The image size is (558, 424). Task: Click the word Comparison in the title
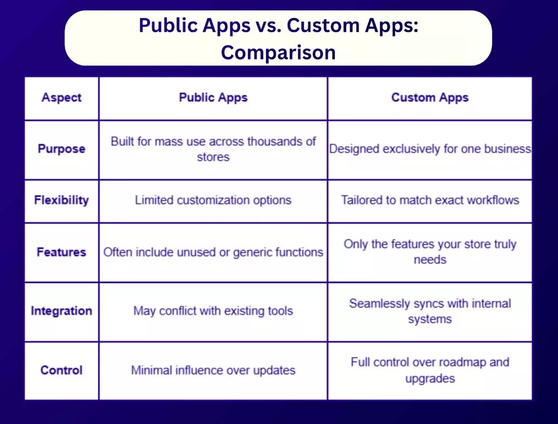click(278, 53)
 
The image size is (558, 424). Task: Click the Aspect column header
click(62, 98)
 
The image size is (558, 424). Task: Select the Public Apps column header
click(213, 98)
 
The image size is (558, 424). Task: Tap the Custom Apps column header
click(430, 98)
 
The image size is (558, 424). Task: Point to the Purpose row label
click(62, 149)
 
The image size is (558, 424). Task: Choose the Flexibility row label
click(62, 200)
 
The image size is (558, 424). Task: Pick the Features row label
click(62, 252)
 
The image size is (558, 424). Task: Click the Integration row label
click(62, 311)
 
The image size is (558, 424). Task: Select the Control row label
click(62, 370)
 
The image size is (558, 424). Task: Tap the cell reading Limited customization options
click(213, 200)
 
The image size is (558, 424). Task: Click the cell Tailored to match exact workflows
click(430, 200)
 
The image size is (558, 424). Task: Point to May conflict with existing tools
click(213, 311)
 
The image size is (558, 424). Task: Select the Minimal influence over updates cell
click(213, 370)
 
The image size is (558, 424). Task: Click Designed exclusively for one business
click(430, 149)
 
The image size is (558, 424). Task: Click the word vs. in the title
click(268, 25)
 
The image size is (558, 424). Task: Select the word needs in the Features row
click(430, 260)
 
